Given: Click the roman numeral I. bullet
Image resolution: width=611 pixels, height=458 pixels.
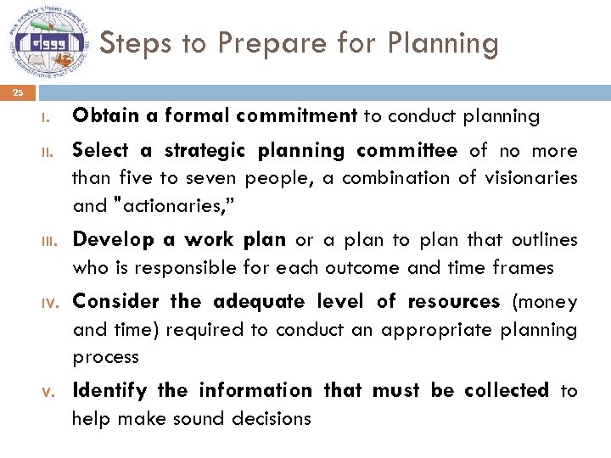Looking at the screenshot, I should pos(50,117).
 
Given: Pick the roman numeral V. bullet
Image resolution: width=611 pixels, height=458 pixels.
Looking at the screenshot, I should pos(50,392).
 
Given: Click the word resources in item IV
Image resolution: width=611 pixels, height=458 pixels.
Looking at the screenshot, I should pos(453,302).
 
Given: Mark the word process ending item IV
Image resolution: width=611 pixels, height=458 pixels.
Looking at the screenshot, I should pos(105,358).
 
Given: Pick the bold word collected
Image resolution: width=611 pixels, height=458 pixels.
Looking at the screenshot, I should pos(507,391).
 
